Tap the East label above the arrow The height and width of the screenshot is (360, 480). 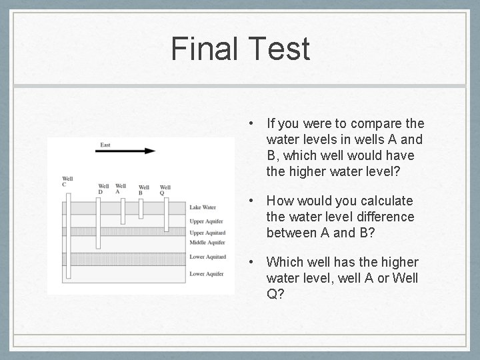tap(105, 144)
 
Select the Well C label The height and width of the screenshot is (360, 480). tap(67, 181)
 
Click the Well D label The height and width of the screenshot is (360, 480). tap(103, 189)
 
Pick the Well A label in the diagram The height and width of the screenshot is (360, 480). tap(121, 189)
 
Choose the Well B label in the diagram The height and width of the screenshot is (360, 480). tap(144, 191)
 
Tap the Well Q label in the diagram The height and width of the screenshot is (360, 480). tap(165, 191)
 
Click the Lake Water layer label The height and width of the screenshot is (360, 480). tap(203, 207)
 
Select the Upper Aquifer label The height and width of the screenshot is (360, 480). tap(206, 221)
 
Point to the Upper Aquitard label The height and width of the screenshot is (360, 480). tap(207, 233)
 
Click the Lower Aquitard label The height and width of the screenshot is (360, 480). tap(207, 257)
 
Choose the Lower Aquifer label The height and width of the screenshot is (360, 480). tap(206, 273)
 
